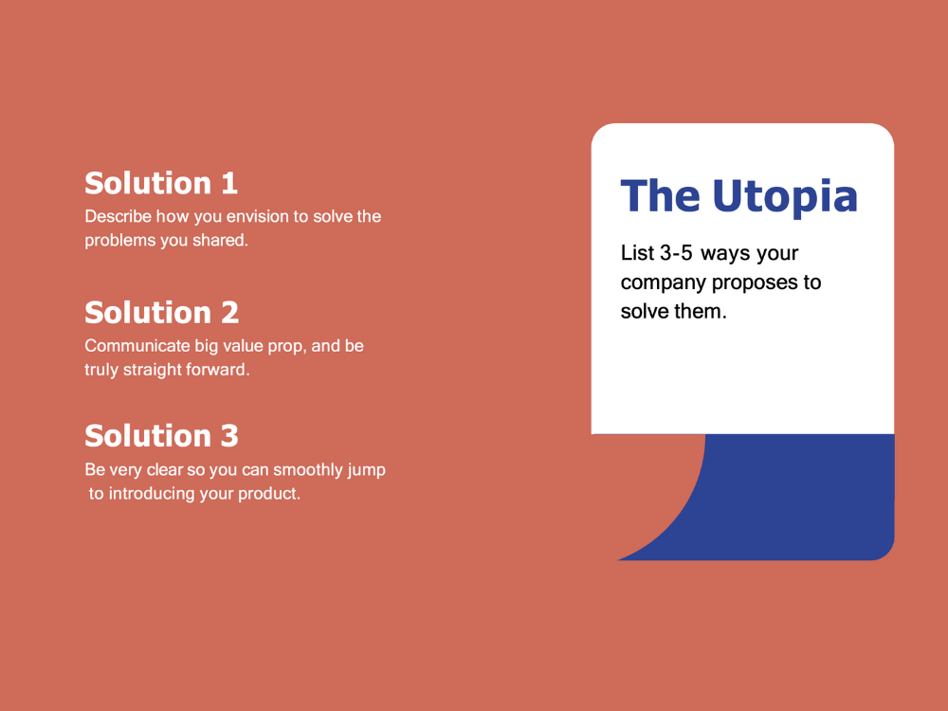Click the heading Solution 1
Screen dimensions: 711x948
coord(161,183)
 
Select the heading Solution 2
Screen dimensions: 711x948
coord(161,312)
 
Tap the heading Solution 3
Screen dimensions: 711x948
coord(161,436)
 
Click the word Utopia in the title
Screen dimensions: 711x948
coord(785,196)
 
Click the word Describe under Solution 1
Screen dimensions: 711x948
coord(118,216)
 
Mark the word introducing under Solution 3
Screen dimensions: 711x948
coord(152,494)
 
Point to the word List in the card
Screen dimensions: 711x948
coord(637,253)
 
